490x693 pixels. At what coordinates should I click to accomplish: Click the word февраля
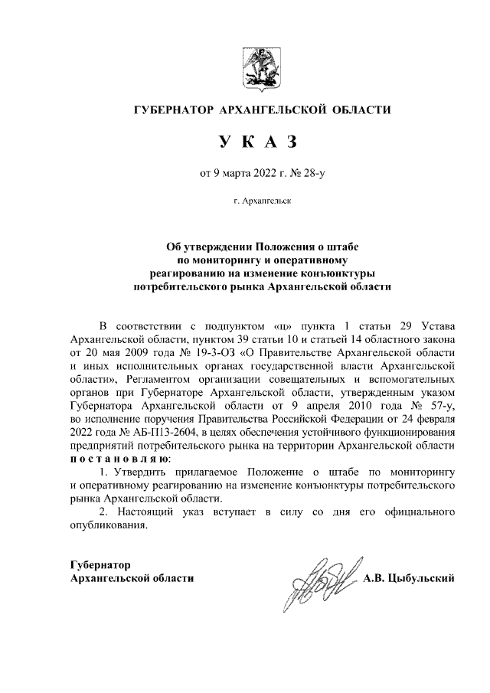coord(436,420)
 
